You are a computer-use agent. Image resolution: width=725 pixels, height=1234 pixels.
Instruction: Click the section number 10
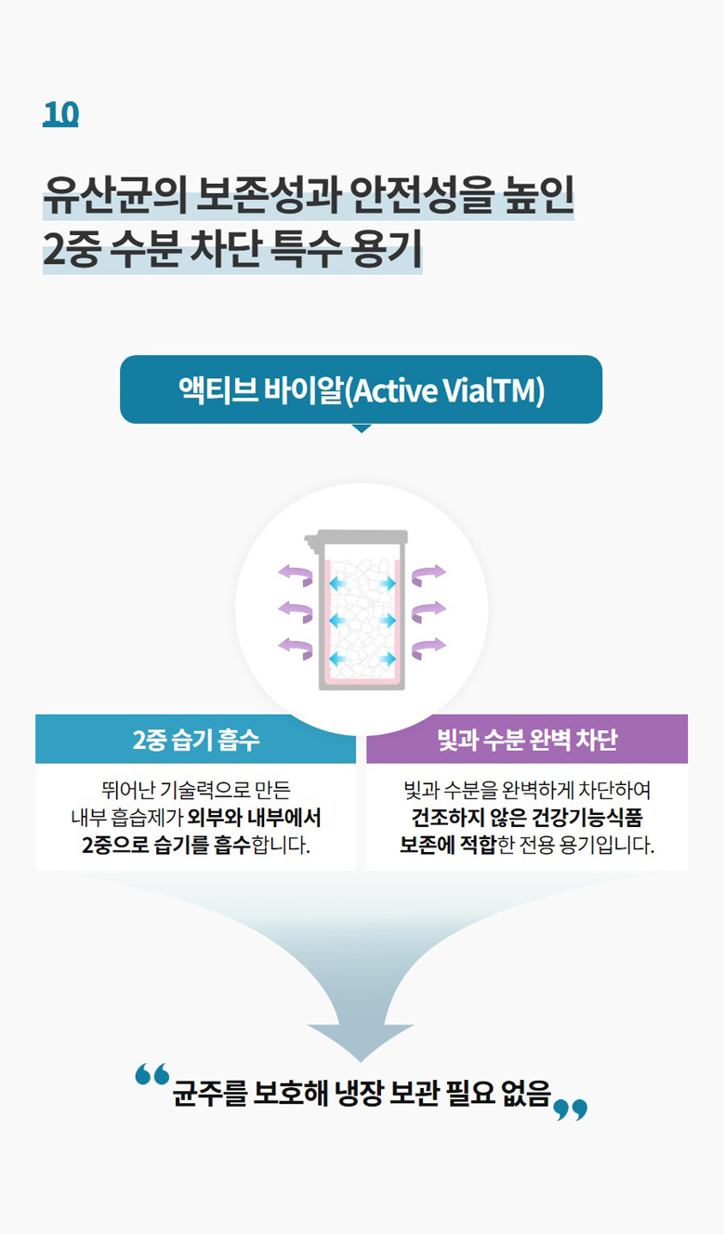click(x=60, y=113)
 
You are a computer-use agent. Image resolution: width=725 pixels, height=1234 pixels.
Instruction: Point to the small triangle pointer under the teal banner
click(x=362, y=428)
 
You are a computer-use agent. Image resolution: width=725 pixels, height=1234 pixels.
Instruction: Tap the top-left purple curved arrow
click(x=297, y=574)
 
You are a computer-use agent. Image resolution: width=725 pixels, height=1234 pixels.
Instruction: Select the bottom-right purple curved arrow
click(x=428, y=649)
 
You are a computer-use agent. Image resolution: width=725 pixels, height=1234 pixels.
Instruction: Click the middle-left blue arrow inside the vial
click(x=338, y=621)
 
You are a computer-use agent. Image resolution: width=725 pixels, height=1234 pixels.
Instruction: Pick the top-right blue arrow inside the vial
click(x=388, y=583)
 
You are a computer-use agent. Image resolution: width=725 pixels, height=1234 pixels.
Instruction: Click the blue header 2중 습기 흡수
click(x=195, y=740)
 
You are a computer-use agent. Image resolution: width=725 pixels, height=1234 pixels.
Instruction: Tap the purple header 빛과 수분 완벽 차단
click(x=527, y=740)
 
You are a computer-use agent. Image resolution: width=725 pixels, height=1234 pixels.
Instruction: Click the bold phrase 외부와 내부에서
click(x=254, y=818)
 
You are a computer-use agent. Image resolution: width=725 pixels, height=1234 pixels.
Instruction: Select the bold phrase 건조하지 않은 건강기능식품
click(x=527, y=818)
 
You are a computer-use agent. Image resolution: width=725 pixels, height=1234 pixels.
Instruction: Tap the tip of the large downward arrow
click(x=361, y=1061)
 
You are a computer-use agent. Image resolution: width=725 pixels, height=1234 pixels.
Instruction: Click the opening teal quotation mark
click(x=152, y=1074)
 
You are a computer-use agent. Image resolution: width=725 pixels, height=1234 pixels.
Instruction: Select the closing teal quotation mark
click(x=570, y=1110)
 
